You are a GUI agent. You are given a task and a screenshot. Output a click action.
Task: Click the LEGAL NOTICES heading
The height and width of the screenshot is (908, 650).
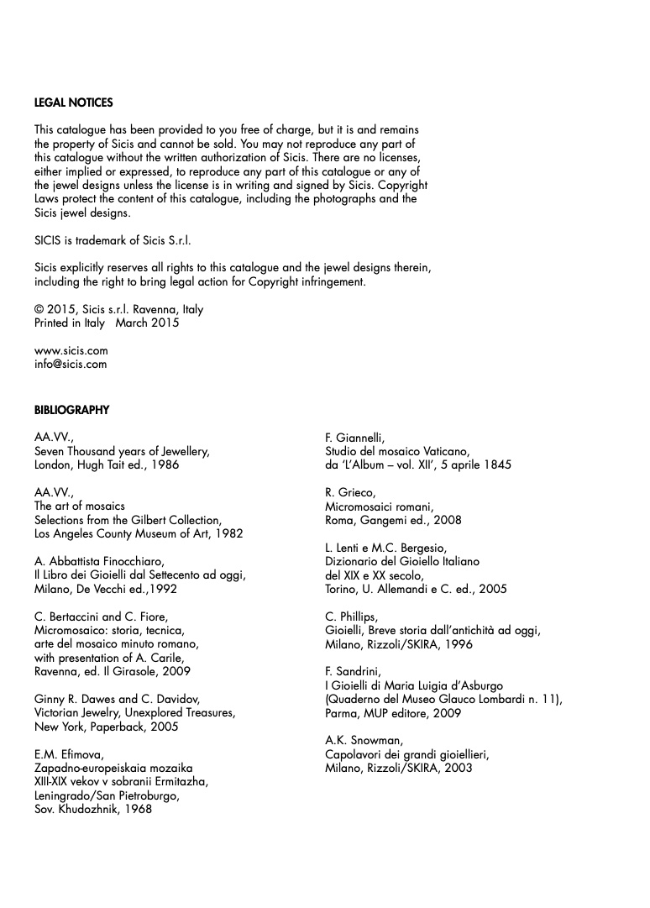pyautogui.click(x=74, y=103)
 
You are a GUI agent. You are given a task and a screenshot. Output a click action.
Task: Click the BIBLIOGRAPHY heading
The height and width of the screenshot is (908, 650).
pyautogui.click(x=71, y=411)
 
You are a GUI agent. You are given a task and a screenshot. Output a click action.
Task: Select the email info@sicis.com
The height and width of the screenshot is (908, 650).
pyautogui.click(x=71, y=365)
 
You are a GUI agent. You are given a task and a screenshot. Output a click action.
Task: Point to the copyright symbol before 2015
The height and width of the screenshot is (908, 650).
pyautogui.click(x=39, y=309)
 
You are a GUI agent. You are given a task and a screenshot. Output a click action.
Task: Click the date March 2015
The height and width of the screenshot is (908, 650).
pyautogui.click(x=147, y=323)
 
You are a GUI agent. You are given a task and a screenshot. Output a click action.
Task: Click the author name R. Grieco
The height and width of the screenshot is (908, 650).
pyautogui.click(x=350, y=493)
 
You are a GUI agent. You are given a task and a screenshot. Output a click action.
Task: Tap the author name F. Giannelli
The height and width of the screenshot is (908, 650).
pyautogui.click(x=354, y=438)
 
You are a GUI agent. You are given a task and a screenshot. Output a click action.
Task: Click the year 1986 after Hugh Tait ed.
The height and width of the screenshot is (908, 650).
pyautogui.click(x=165, y=464)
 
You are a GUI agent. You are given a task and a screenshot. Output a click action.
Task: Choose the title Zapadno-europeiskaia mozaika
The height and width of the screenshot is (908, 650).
pyautogui.click(x=113, y=769)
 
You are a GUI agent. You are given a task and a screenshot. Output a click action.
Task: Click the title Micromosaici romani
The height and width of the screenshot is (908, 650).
pyautogui.click(x=379, y=506)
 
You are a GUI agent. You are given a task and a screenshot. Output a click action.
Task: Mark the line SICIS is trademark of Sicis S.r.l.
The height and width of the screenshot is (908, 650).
pyautogui.click(x=113, y=240)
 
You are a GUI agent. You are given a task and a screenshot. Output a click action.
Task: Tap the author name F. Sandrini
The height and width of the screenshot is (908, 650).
pyautogui.click(x=353, y=672)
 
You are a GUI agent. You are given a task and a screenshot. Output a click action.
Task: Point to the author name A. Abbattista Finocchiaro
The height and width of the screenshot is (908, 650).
pyautogui.click(x=98, y=562)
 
